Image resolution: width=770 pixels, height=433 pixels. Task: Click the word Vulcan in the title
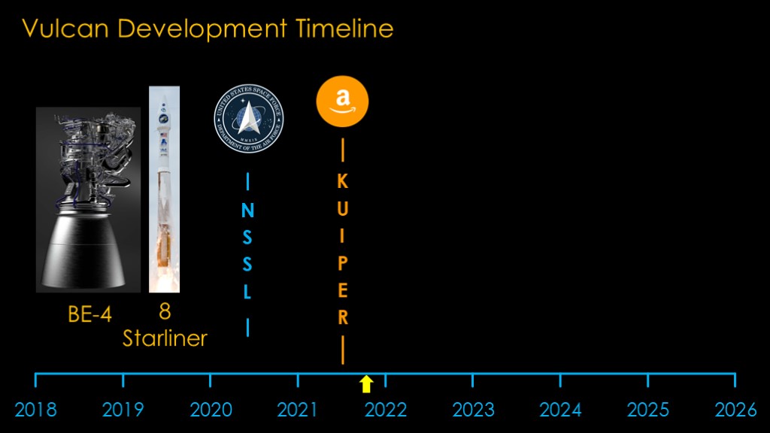coord(65,29)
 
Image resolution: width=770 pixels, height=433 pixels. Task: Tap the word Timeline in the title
coord(344,29)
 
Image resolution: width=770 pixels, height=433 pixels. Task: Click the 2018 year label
coord(35,410)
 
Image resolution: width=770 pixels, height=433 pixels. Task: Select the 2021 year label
coord(298,410)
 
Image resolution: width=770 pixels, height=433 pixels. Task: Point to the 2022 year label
coord(386,410)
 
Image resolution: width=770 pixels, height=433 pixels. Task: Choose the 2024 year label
coord(560,410)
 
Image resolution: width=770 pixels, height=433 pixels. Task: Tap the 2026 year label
coord(735,410)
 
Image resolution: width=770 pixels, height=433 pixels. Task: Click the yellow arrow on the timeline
coord(366,384)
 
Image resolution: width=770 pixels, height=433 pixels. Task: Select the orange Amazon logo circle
coord(342,101)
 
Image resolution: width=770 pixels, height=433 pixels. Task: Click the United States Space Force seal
coord(248,118)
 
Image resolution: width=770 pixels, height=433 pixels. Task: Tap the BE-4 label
coord(90,314)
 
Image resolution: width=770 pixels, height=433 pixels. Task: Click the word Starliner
coord(165,338)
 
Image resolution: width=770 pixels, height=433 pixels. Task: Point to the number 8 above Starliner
coord(165,311)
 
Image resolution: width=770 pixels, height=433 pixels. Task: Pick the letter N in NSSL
coord(247,210)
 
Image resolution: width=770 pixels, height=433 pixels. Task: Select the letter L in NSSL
coord(247,292)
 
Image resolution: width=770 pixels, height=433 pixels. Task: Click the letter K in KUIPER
coord(343,182)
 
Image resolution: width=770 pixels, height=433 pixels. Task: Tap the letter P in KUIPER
coord(343,263)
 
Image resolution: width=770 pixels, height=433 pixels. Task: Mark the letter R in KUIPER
coord(343,317)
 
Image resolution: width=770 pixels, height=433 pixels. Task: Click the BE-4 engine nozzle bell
coord(83,250)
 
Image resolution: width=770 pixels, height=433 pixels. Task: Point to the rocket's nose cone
coord(164,101)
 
